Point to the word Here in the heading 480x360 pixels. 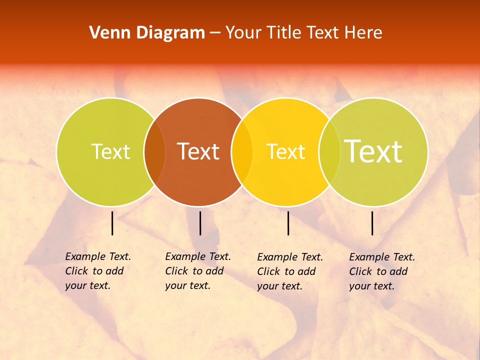point(363,33)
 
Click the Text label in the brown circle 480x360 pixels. point(198,151)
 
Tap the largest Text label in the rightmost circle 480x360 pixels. point(373,151)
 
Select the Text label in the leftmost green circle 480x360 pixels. point(110,151)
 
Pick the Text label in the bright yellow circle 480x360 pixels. point(285,152)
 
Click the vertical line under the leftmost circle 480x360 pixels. point(112,223)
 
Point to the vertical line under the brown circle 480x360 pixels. point(200,223)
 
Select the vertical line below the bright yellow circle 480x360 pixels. point(288,223)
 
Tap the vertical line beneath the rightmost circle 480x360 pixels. point(372,223)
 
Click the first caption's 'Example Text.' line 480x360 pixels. point(98,256)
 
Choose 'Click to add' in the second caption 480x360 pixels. point(194,271)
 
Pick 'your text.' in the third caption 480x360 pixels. point(279,286)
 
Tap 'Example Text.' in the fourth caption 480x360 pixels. point(382,257)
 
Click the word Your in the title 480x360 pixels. point(244,33)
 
